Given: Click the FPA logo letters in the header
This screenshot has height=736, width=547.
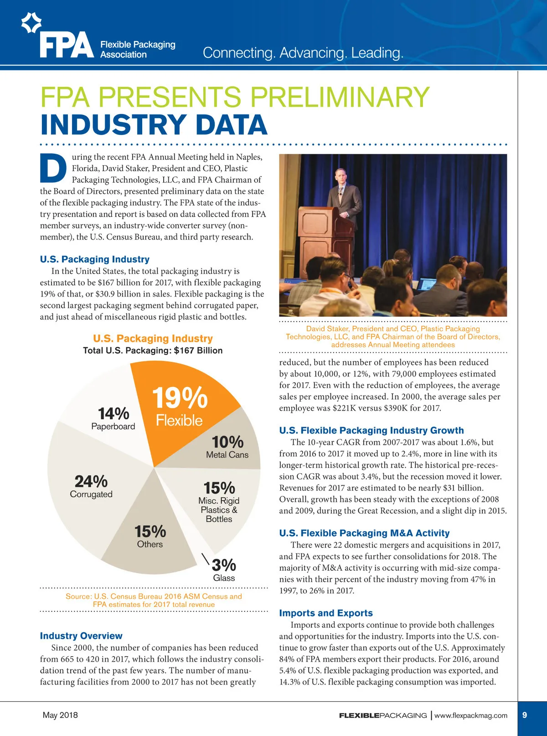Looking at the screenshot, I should [67, 44].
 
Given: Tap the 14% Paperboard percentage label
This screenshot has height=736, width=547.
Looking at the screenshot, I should [114, 413].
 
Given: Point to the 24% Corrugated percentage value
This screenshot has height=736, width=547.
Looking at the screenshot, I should [91, 481].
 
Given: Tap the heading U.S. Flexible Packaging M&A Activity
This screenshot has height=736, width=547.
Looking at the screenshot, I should [364, 533].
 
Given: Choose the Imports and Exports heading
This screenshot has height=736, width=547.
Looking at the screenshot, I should [326, 613].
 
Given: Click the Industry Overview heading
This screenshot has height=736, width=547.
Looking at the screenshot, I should [81, 636].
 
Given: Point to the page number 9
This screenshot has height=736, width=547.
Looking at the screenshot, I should [525, 715].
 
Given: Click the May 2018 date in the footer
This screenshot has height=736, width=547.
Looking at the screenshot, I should [60, 715].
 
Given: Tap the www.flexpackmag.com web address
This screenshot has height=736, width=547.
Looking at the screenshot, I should [470, 715].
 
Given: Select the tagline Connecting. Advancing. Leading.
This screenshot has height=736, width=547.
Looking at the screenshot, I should [303, 53].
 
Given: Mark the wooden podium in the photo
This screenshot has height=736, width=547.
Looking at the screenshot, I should [319, 233].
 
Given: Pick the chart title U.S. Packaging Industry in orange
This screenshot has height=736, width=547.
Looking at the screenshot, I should [153, 339].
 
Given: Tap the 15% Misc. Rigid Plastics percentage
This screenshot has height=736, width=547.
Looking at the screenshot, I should [219, 488].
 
